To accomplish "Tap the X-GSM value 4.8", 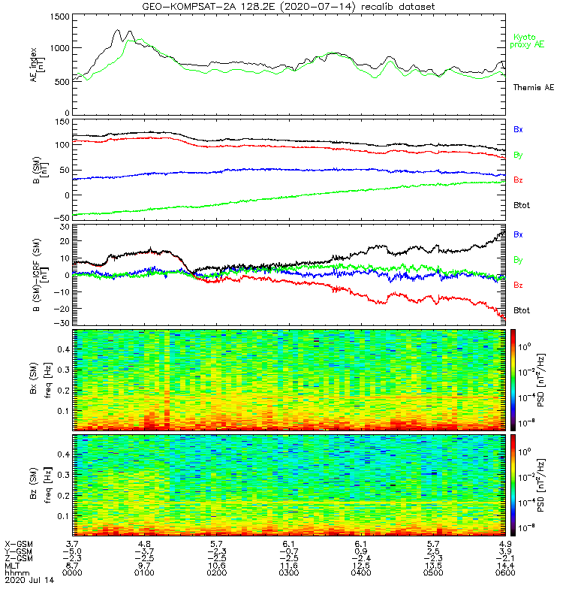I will tap(145, 543).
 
